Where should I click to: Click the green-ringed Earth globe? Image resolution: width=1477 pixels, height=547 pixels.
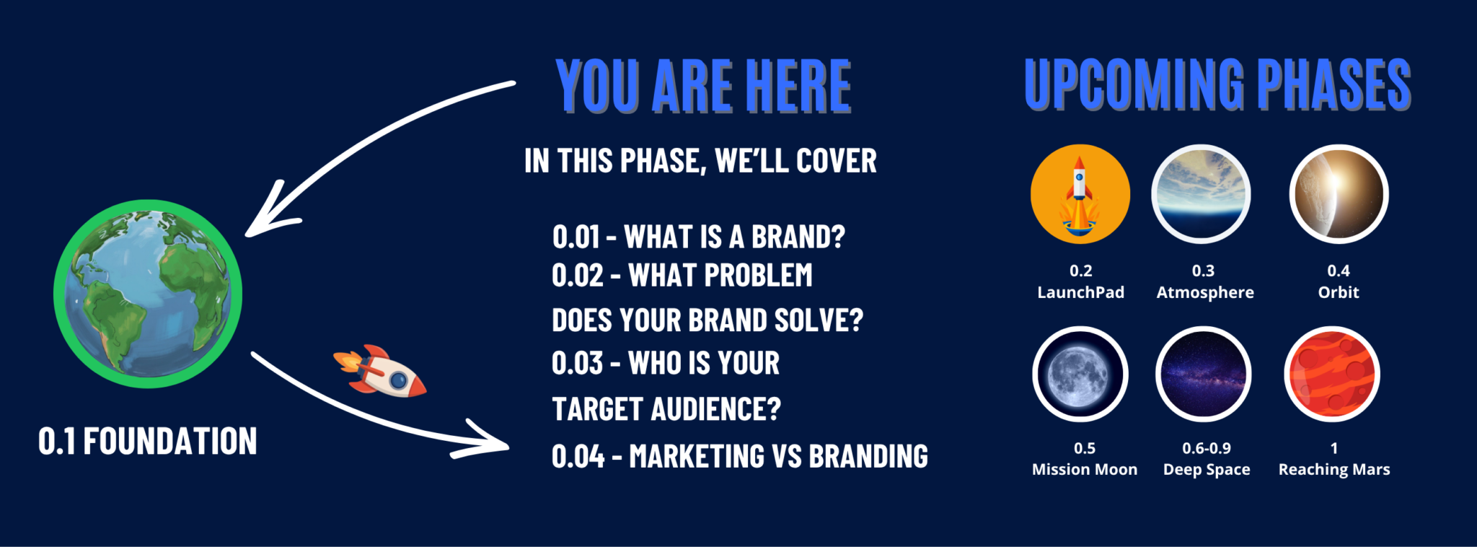click(x=148, y=294)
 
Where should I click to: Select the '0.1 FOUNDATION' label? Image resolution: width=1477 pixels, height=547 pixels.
click(x=148, y=441)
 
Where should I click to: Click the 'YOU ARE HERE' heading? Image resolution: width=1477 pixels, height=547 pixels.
click(x=703, y=87)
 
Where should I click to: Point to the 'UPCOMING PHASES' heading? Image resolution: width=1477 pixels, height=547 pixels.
click(x=1218, y=85)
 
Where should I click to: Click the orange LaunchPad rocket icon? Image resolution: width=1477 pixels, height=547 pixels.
click(x=1080, y=194)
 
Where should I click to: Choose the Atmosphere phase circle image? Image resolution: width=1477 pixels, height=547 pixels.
click(x=1201, y=194)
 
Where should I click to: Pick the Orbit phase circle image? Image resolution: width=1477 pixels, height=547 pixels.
click(x=1339, y=194)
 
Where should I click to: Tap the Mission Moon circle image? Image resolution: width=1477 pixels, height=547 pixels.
click(x=1080, y=375)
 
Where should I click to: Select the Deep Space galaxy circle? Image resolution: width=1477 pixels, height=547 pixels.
click(x=1203, y=375)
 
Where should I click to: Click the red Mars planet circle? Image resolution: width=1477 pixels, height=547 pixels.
click(x=1332, y=375)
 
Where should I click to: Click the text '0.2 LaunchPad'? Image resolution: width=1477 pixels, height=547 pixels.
click(x=1080, y=281)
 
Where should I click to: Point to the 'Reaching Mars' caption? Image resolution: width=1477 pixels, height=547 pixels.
click(x=1334, y=469)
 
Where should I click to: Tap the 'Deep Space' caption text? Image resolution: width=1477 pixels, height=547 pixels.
click(x=1207, y=469)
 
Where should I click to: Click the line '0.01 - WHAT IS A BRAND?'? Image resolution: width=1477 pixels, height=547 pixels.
click(x=699, y=237)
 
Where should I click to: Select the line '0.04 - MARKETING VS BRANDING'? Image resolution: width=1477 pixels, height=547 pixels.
click(x=740, y=456)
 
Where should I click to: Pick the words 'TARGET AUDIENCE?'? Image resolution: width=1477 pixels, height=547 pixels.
click(x=666, y=409)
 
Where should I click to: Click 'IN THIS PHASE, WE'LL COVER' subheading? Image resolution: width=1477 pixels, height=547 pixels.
click(x=700, y=161)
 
